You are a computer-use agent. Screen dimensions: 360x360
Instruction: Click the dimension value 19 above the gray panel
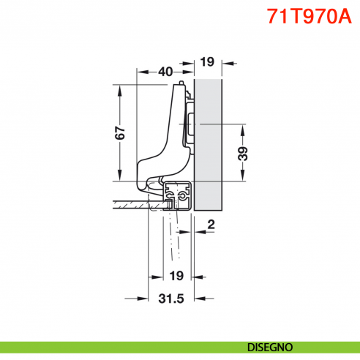pyautogui.click(x=206, y=61)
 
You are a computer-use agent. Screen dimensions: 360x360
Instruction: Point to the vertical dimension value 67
pyautogui.click(x=121, y=132)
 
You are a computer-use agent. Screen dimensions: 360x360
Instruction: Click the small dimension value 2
pyautogui.click(x=210, y=225)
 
